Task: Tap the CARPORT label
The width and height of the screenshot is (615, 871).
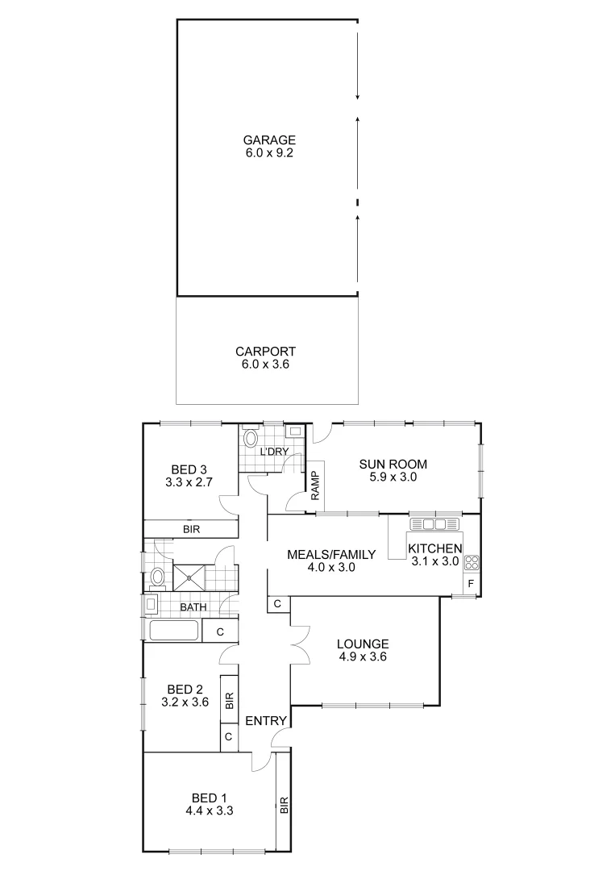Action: pos(265,352)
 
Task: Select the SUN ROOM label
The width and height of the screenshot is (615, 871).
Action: pos(393,464)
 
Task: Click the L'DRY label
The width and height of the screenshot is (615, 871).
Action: pos(274,452)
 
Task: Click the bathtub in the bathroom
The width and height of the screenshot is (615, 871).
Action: pos(173,631)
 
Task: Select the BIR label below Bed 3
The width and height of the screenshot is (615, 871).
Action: pos(191,530)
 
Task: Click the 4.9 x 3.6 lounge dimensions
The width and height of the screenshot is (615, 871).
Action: pos(363,657)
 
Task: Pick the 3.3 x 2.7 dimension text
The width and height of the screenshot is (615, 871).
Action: pos(189,483)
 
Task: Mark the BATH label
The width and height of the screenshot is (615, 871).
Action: pos(193,607)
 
